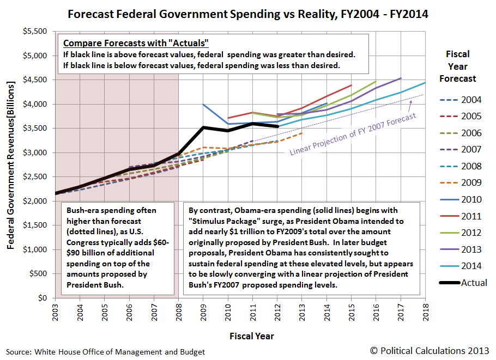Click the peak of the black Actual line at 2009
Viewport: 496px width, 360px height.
pos(203,127)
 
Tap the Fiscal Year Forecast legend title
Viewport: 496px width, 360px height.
pos(457,66)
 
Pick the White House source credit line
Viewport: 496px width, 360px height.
pos(106,352)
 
